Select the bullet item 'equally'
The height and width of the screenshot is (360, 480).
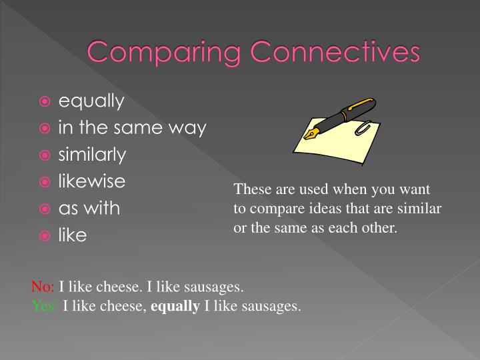point(91,102)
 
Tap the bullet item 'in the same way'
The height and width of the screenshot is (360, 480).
point(132,128)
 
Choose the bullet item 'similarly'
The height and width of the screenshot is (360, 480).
point(92,155)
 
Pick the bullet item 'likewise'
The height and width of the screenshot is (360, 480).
point(92,181)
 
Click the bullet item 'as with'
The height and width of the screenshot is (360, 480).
point(89,209)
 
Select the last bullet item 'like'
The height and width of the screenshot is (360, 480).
point(73,235)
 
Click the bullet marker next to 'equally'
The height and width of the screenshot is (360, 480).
point(45,102)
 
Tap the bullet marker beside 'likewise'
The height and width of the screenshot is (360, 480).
point(45,182)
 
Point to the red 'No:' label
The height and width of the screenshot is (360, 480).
point(43,288)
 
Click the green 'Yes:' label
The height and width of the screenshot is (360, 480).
point(45,307)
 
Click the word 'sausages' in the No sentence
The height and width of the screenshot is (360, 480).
point(218,288)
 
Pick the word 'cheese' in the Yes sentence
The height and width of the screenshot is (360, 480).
point(125,307)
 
